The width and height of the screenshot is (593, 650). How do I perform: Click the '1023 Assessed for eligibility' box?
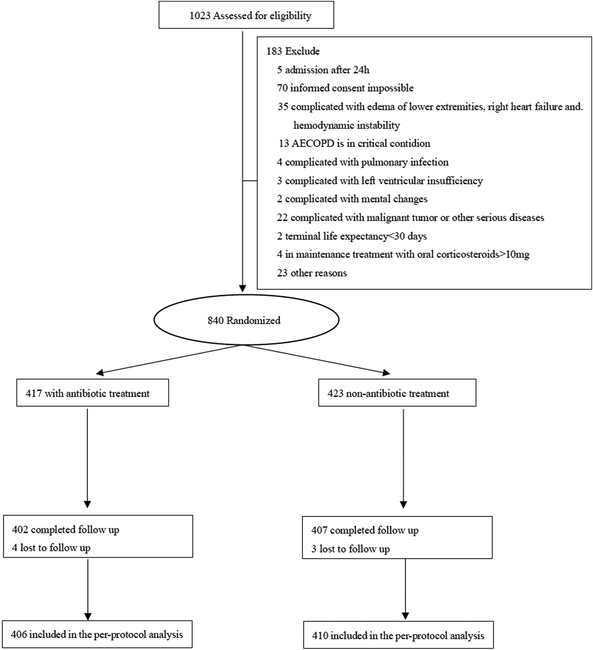[x=246, y=16]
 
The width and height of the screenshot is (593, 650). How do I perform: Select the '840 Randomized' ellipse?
[x=246, y=320]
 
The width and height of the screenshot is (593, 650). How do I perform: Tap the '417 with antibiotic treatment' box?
[x=92, y=393]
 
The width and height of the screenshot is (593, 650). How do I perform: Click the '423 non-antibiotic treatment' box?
[x=397, y=393]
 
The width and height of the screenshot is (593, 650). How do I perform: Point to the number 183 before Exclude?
[x=274, y=51]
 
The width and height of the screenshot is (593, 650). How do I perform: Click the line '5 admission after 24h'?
[x=323, y=70]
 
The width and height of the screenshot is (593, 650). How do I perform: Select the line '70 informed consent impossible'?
[x=345, y=88]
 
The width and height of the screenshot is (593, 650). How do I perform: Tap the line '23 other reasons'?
[x=312, y=273]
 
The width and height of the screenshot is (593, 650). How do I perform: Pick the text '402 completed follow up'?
[x=66, y=529]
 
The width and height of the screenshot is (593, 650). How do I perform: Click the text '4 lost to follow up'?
[x=51, y=548]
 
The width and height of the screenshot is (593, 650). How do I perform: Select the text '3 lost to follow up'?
[x=350, y=549]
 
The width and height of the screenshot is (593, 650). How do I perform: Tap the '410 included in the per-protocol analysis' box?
[x=398, y=636]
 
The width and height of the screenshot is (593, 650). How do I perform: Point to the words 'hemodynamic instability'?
[x=346, y=125]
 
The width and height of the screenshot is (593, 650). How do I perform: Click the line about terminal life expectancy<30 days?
[x=352, y=236]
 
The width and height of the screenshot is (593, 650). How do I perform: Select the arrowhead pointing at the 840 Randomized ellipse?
[x=243, y=288]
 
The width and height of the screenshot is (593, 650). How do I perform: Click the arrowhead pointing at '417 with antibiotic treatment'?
[x=100, y=373]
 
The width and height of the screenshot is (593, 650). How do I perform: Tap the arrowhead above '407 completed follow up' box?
[x=403, y=505]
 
